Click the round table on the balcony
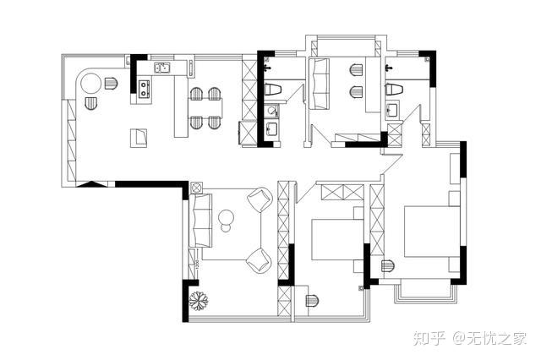[91, 84]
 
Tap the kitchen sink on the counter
[161, 68]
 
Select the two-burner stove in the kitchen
[144, 88]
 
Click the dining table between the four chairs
[205, 107]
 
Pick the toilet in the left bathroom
[272, 89]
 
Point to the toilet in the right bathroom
[394, 89]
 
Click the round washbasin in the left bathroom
[271, 111]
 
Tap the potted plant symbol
[199, 301]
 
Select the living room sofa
[200, 221]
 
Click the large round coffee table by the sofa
[226, 217]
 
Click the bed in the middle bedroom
[337, 238]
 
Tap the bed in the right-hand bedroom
[432, 232]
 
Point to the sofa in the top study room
[319, 84]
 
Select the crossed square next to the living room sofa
[196, 188]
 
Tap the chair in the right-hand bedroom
[388, 266]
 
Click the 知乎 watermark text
[429, 337]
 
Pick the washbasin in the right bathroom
[392, 110]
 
